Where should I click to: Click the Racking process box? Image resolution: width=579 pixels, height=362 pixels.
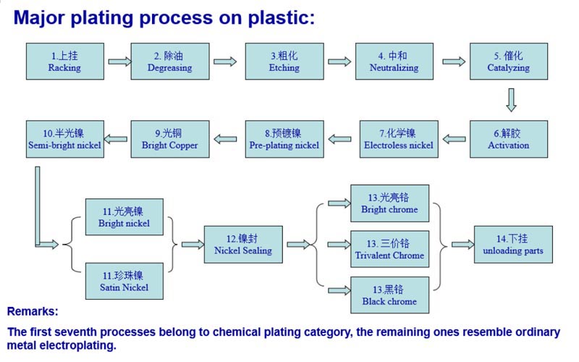[x=64, y=62]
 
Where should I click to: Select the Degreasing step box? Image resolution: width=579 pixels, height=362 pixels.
[x=169, y=62]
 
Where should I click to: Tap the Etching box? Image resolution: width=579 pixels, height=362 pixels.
[x=284, y=62]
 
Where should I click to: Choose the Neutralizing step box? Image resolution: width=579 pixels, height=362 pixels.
[x=394, y=62]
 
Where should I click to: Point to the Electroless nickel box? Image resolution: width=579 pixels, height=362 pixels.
[x=399, y=139]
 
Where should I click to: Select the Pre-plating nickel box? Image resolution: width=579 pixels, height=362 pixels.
[x=284, y=139]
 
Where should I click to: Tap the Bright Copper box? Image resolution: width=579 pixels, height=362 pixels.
[x=169, y=139]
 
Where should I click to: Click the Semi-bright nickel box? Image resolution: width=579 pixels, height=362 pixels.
[x=64, y=139]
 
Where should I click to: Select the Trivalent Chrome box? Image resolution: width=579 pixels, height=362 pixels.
[x=389, y=249]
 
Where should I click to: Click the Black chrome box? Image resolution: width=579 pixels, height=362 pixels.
[x=389, y=295]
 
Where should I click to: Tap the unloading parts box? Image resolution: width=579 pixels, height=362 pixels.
[x=512, y=245]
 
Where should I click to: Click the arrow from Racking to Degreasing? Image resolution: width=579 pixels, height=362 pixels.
[x=118, y=62]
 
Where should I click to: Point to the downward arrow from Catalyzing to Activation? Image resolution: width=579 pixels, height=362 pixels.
[x=511, y=100]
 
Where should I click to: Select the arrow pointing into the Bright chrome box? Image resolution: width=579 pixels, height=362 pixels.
[x=338, y=203]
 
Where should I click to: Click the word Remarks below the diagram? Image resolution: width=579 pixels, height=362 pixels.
[x=33, y=312]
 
